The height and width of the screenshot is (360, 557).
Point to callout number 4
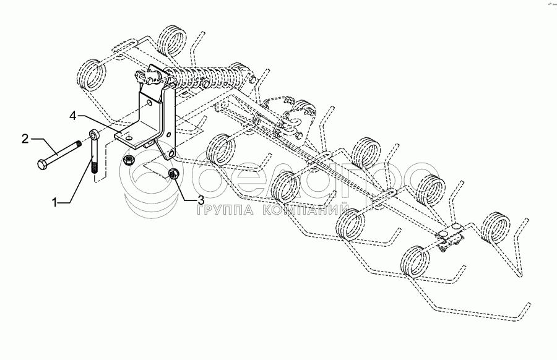pyautogui.click(x=72, y=114)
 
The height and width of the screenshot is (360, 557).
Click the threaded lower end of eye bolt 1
pyautogui.click(x=94, y=167)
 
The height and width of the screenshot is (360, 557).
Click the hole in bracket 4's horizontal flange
pyautogui.click(x=131, y=132)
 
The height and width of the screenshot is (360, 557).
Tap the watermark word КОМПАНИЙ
pyautogui.click(x=306, y=211)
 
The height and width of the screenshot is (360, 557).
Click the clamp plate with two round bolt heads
pyautogui.click(x=451, y=238)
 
